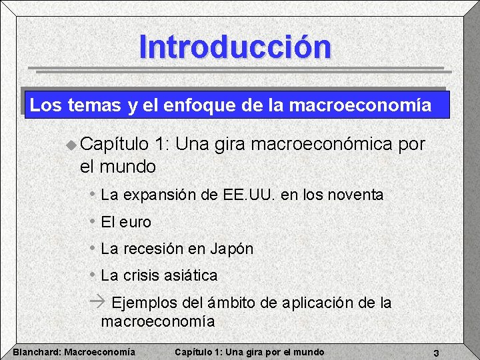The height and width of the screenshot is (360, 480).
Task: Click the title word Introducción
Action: click(x=235, y=47)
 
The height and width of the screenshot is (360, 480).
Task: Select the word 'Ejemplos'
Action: click(x=145, y=303)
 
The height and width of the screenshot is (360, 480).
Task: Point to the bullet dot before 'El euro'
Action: click(x=93, y=221)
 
